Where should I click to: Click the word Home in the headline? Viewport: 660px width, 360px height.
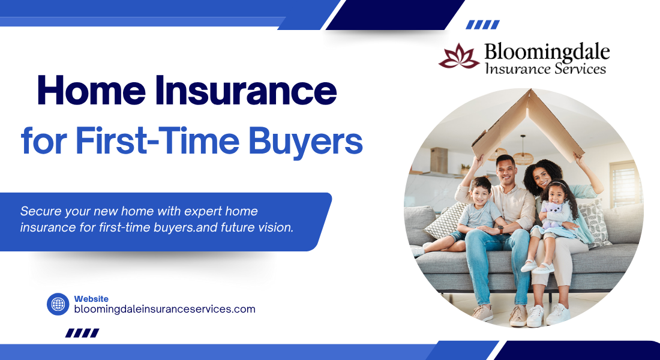pyautogui.click(x=91, y=91)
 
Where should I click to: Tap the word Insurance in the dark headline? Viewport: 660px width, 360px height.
pyautogui.click(x=246, y=91)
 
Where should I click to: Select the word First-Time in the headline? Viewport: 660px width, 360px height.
pyautogui.click(x=157, y=140)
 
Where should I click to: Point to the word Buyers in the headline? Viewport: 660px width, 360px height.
pyautogui.click(x=305, y=141)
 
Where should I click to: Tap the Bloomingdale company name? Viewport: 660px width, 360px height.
pyautogui.click(x=547, y=53)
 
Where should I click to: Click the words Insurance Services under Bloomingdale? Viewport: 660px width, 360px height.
pyautogui.click(x=545, y=68)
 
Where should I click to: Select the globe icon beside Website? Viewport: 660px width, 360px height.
pyautogui.click(x=58, y=304)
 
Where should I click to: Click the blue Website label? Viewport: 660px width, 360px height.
pyautogui.click(x=91, y=299)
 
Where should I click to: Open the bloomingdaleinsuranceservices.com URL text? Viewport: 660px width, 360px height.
pyautogui.click(x=164, y=309)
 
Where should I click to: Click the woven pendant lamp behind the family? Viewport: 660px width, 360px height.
pyautogui.click(x=523, y=156)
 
